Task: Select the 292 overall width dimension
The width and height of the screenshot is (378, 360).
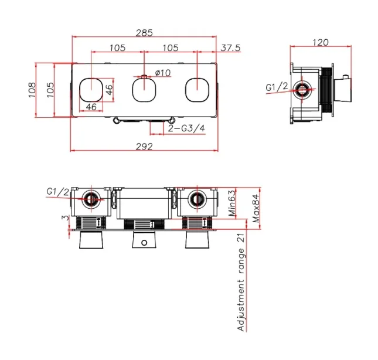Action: (x=145, y=146)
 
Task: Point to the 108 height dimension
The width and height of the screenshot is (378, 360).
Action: (x=33, y=90)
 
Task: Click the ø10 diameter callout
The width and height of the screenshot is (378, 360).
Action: (x=162, y=73)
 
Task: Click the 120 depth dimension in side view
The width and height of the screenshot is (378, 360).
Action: (x=319, y=42)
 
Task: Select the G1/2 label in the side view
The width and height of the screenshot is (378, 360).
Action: (x=277, y=87)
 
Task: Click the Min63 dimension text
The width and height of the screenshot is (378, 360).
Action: (x=232, y=203)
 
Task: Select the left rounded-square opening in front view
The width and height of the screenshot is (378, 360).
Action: (x=91, y=90)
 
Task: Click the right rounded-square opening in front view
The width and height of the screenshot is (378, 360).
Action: (x=196, y=90)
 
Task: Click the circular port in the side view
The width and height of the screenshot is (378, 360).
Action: (x=302, y=90)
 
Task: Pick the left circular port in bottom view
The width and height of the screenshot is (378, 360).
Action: (x=91, y=199)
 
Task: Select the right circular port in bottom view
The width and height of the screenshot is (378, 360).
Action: (x=195, y=199)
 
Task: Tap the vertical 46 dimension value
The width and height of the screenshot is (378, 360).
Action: (x=109, y=90)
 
